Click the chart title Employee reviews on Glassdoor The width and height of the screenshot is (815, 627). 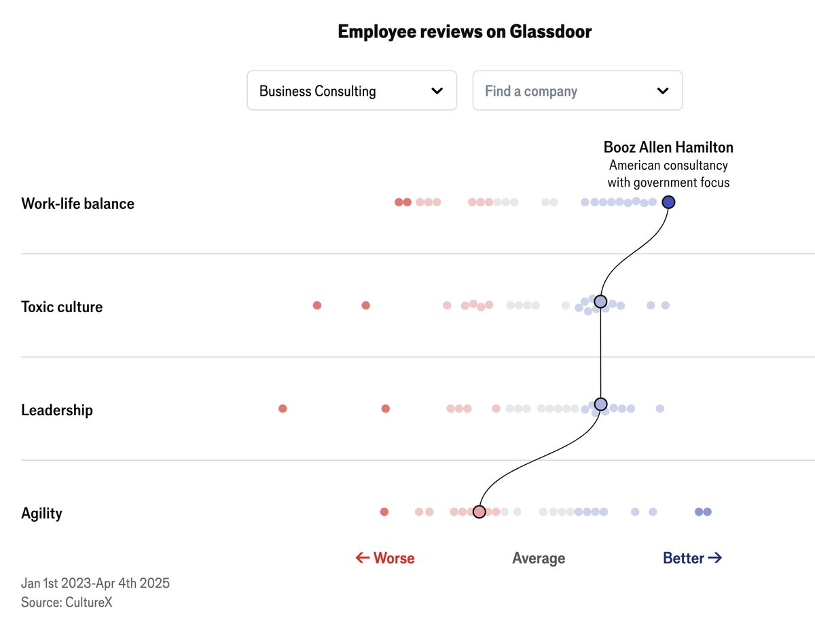[x=465, y=32]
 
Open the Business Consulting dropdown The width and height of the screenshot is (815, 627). [x=351, y=91]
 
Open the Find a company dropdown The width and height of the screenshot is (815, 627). [x=577, y=91]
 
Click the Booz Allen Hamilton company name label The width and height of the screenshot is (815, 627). [x=668, y=147]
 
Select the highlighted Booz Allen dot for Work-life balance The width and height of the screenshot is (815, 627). [x=668, y=202]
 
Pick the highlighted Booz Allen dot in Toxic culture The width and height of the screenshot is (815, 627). [x=600, y=301]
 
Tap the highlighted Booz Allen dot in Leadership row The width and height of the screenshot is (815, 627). [x=600, y=404]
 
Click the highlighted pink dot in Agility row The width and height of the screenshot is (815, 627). [x=479, y=512]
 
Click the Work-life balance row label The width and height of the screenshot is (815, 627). [x=77, y=204]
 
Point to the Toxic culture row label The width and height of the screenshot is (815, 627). [x=62, y=307]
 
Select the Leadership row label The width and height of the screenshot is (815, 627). [x=57, y=410]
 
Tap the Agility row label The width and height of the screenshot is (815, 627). [x=41, y=513]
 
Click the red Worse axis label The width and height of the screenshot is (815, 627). [x=385, y=558]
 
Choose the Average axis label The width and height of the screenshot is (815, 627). [x=538, y=558]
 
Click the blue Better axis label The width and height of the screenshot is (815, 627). [x=692, y=558]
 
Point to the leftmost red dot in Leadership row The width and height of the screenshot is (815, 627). [x=283, y=408]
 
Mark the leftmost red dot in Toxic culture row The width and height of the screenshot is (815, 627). [x=316, y=305]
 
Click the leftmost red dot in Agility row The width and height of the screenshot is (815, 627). [x=384, y=512]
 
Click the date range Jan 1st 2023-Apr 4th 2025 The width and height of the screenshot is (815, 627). [x=95, y=583]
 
